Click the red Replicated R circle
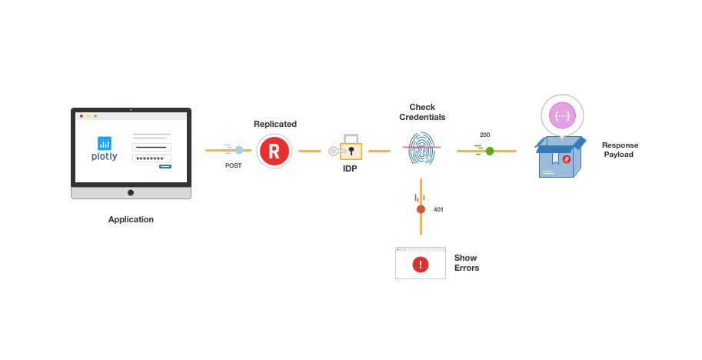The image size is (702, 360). (x=274, y=151)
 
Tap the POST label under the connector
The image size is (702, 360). (x=233, y=165)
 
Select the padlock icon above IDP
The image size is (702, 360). (x=351, y=147)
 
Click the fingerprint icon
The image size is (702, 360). (x=421, y=148)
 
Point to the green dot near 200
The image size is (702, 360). (x=490, y=151)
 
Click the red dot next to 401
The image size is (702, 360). (x=421, y=209)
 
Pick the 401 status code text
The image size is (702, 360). (x=438, y=209)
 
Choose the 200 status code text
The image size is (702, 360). (x=484, y=135)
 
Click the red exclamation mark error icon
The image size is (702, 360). (x=421, y=265)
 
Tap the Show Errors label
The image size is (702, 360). (x=466, y=263)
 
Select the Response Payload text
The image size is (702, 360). (x=620, y=149)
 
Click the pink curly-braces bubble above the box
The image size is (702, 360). (x=562, y=115)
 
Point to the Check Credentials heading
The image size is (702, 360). (x=421, y=112)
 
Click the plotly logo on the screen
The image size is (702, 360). (x=105, y=148)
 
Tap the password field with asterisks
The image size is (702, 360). (x=151, y=158)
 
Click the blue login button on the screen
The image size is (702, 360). (x=165, y=166)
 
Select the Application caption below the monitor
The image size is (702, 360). (x=131, y=219)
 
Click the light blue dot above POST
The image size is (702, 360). (x=239, y=150)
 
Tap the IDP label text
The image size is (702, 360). (x=350, y=168)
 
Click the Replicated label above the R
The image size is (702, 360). (x=275, y=124)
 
